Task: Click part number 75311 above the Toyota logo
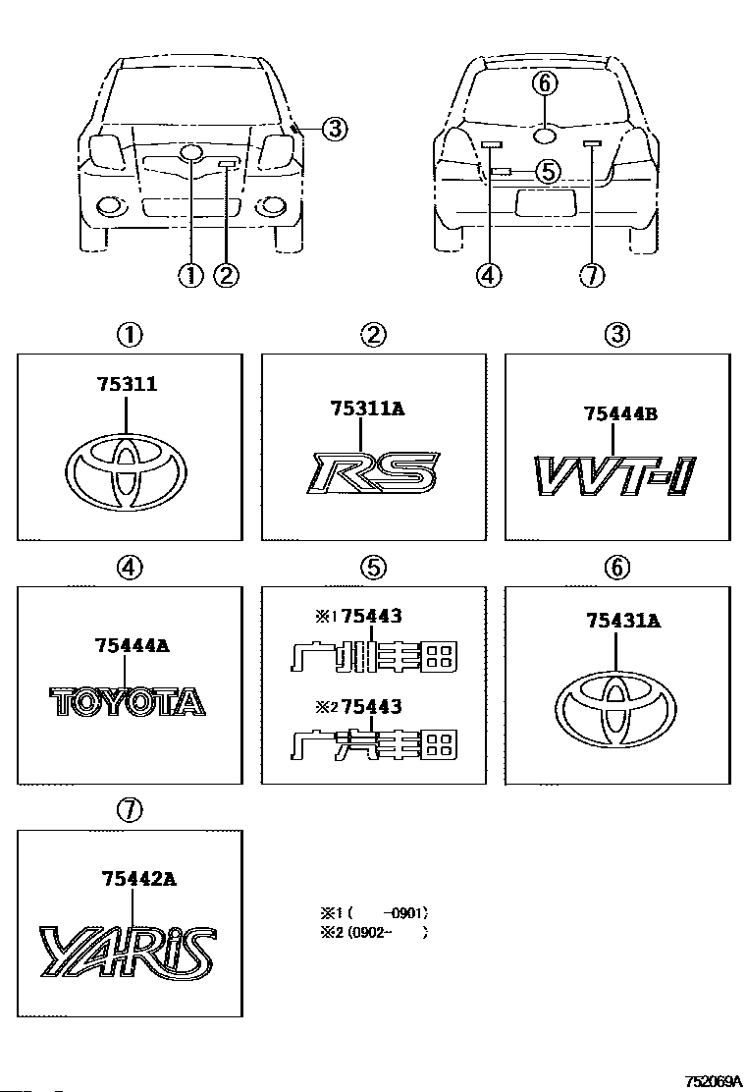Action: coord(128,384)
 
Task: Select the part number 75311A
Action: coord(367,409)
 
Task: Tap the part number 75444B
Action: coord(620,413)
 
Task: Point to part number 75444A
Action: coord(132,645)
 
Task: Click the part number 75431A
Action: coord(623,620)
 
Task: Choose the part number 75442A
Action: coord(138,879)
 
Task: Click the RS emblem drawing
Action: coord(373,473)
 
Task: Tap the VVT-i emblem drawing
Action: coord(615,475)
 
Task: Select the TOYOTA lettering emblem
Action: coord(128,701)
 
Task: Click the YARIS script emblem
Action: coord(128,950)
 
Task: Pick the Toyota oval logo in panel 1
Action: coord(126,472)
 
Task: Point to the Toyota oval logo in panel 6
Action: coord(615,709)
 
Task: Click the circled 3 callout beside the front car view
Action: coord(335,128)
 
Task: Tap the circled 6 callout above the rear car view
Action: coord(545,83)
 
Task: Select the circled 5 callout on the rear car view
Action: coord(549,171)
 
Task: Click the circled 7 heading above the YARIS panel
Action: coord(131,810)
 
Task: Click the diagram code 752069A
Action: coord(714,1081)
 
